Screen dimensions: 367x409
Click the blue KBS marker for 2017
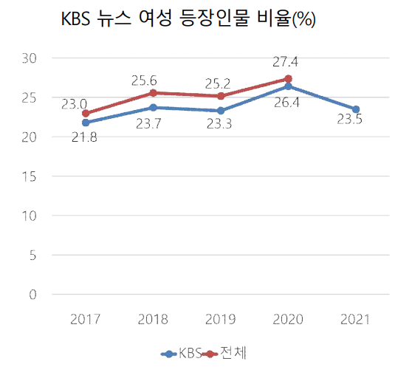[86, 123]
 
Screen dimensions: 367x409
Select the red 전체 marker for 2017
[86, 114]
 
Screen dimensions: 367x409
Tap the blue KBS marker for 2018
[154, 108]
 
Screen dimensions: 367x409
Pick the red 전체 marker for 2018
[154, 93]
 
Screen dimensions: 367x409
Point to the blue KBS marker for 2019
[221, 111]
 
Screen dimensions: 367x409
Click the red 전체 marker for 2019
[221, 96]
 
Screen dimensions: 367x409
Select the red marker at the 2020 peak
[288, 78]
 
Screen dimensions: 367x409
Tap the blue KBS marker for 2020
[288, 86]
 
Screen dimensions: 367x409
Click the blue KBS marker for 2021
[356, 109]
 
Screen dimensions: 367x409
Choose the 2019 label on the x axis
[221, 318]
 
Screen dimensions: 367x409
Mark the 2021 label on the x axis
[356, 318]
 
